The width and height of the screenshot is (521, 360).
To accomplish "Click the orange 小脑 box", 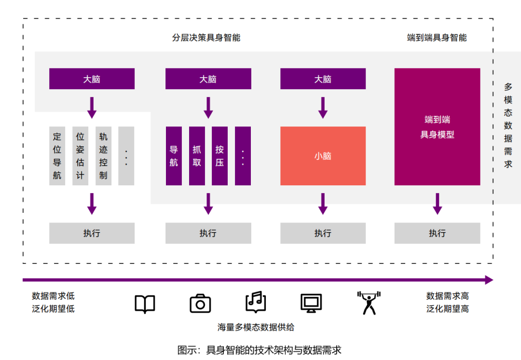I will click(x=323, y=156).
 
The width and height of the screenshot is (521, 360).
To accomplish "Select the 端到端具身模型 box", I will click(x=437, y=127).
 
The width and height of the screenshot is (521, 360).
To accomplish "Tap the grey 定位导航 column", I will click(x=57, y=156).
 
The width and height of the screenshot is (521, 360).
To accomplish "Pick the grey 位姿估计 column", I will click(x=80, y=156).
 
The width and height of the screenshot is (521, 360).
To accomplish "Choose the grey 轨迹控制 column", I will click(x=103, y=156).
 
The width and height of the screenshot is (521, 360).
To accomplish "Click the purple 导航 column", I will click(x=174, y=156).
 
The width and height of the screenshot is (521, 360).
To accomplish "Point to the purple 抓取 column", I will click(x=197, y=156).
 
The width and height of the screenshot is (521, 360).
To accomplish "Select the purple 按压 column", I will click(x=219, y=156).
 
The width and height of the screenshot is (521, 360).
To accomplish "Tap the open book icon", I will click(x=145, y=304).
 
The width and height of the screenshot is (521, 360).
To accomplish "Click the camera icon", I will click(x=200, y=304).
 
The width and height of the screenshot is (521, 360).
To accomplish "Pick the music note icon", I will click(x=256, y=303).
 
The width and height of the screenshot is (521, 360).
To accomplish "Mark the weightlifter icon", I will click(x=369, y=303).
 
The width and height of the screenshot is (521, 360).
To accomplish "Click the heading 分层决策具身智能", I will click(x=206, y=38).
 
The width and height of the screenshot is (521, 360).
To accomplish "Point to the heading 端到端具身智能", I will click(x=437, y=38).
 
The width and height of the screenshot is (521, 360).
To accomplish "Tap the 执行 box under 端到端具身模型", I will click(x=437, y=233).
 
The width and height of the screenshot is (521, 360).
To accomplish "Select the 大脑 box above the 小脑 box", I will click(x=323, y=79).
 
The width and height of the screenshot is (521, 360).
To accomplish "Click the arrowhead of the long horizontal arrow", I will click(x=489, y=280).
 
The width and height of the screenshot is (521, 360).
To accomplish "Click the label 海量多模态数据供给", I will click(x=256, y=327).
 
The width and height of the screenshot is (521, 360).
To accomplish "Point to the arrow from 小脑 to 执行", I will click(x=323, y=204).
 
